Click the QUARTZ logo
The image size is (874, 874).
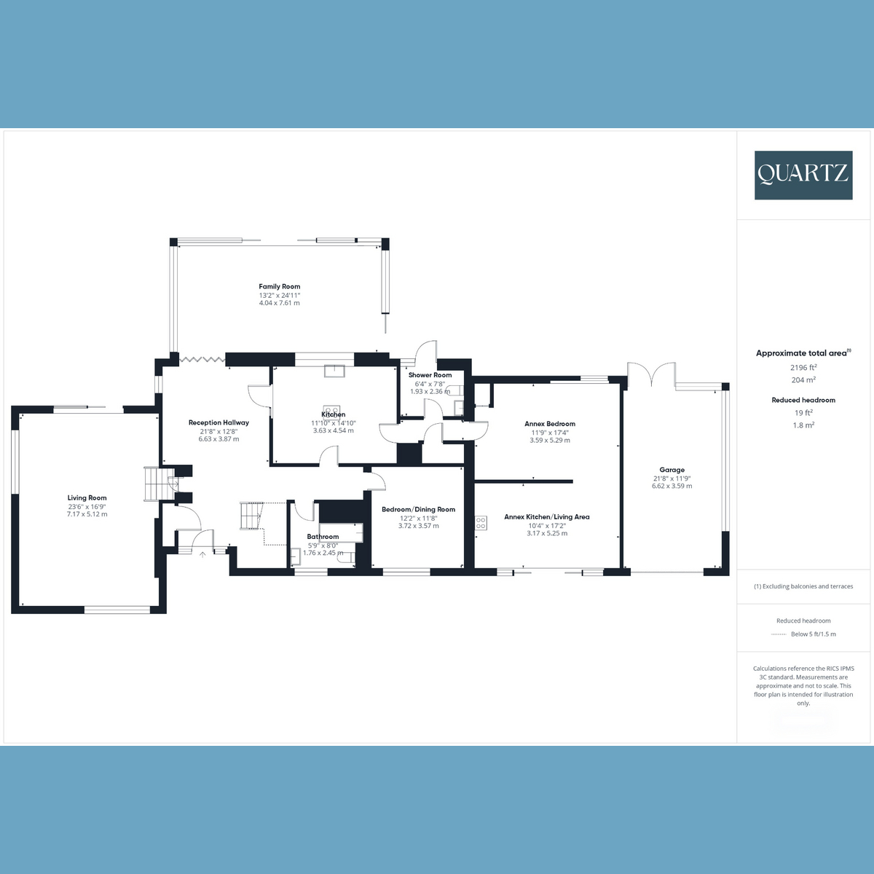coord(803,175)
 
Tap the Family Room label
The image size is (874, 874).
coord(279,286)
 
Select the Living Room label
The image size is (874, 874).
coord(87,498)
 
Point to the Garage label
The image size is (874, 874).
coord(672,470)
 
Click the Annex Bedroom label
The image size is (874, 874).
coord(549,424)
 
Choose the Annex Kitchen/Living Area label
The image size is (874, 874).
coord(546,517)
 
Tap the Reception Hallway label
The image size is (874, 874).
coord(219,422)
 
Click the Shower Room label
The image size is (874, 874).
coord(430,375)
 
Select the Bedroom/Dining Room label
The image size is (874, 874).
coord(418,510)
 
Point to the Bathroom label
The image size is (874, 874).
coord(323,537)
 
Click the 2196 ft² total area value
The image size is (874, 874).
coord(803,368)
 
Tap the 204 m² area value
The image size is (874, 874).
coord(803,380)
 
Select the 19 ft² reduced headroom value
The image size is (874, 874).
coord(803,412)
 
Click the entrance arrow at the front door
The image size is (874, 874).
coord(202,554)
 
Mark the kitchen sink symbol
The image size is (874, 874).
coord(336,369)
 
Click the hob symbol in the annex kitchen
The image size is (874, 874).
coord(481,522)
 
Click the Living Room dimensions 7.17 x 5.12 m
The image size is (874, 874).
coord(87,514)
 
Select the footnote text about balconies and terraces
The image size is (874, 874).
coord(803,586)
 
